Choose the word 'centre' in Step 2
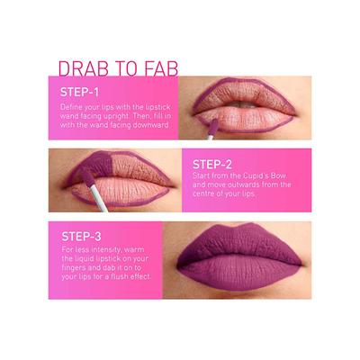(208, 193)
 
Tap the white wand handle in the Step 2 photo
(101, 199)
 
